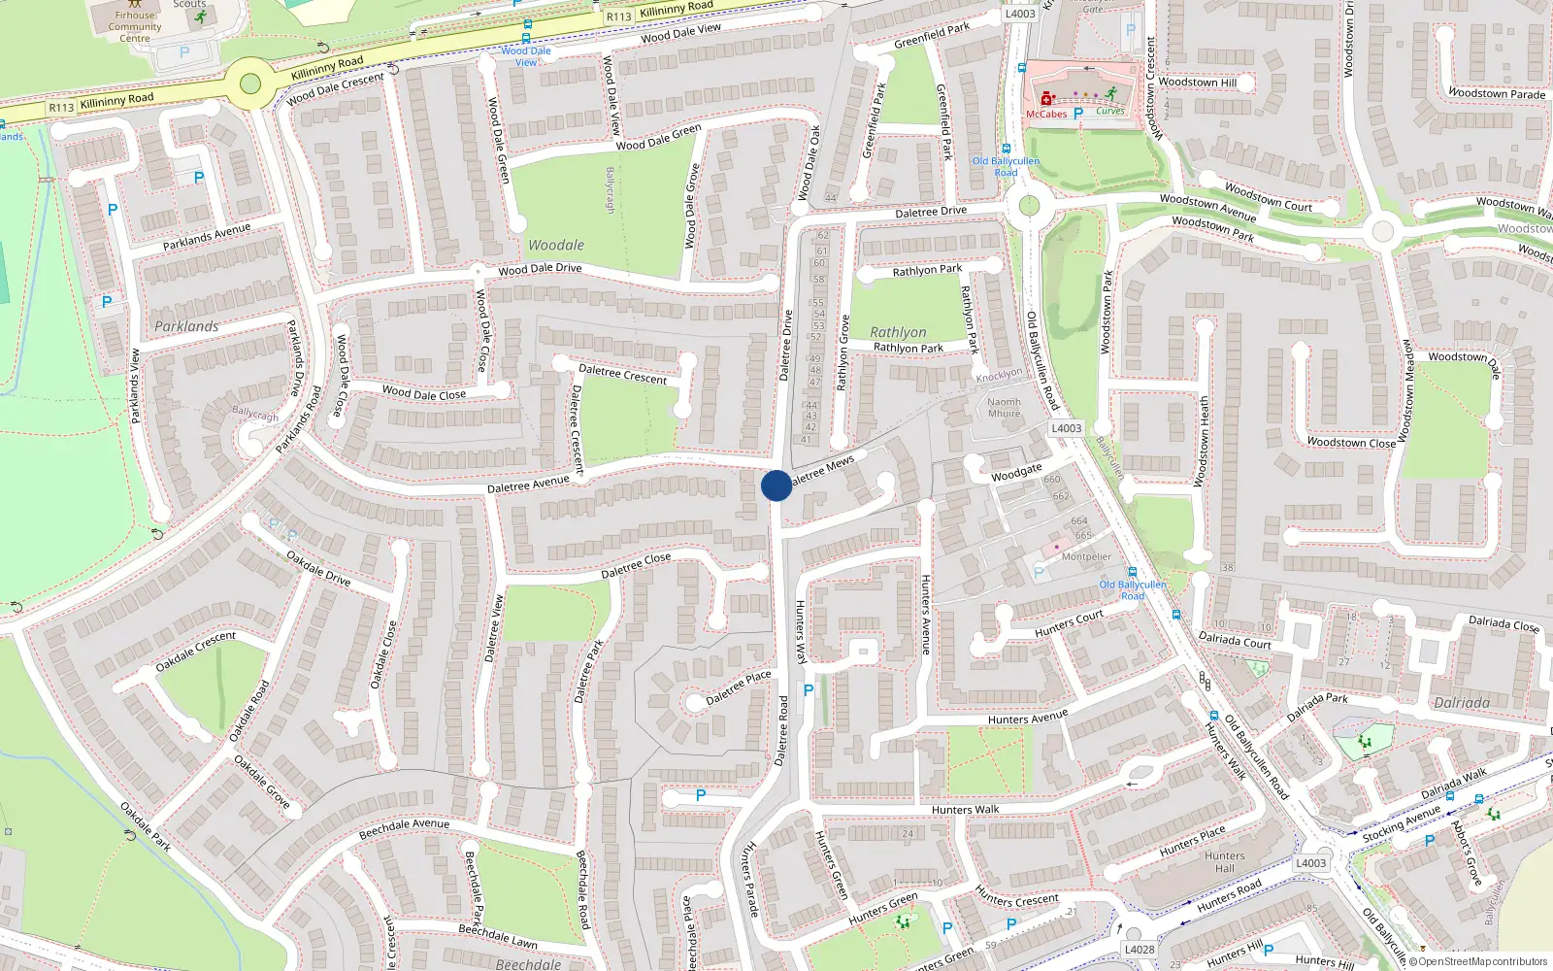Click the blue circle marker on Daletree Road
[x=776, y=485]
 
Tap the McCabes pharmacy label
[x=1046, y=114]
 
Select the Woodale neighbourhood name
[x=556, y=246]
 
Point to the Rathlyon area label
[x=898, y=332]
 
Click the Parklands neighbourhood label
[x=186, y=326]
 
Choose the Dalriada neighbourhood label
[x=1462, y=703]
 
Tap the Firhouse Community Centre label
[x=135, y=26]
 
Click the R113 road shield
[x=61, y=108]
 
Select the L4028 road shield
[x=1140, y=950]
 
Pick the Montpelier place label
[x=1086, y=557]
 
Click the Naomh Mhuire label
[x=1004, y=408]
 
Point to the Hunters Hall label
[x=1225, y=862]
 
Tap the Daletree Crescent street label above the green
[x=622, y=374]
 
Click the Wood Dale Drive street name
[x=540, y=269]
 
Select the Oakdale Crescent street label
[x=196, y=652]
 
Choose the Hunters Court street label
[x=1069, y=623]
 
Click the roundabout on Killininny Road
[x=250, y=83]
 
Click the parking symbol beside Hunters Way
[x=808, y=690]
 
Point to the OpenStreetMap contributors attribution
[x=1482, y=961]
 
